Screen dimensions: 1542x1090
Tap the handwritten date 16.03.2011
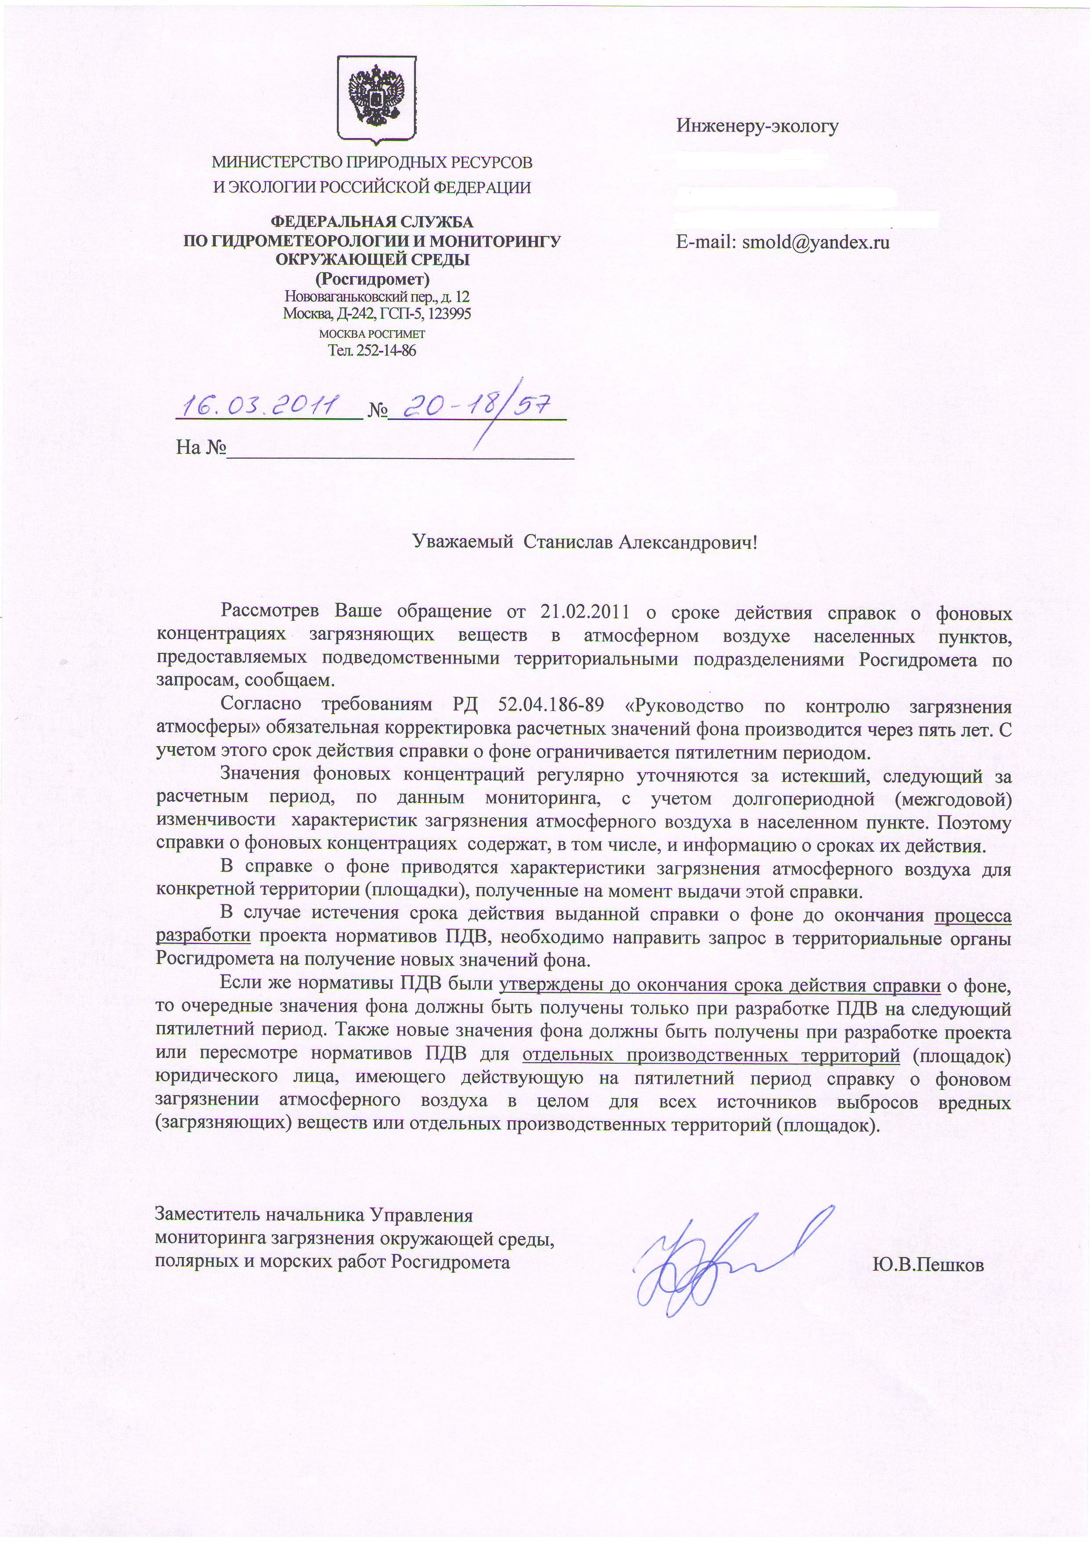pyautogui.click(x=264, y=406)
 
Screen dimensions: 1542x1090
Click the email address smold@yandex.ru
pyautogui.click(x=815, y=242)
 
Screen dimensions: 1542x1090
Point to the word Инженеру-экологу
pyautogui.click(x=757, y=126)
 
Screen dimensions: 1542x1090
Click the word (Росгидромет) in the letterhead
pyautogui.click(x=373, y=277)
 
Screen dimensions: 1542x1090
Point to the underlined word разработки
pyautogui.click(x=204, y=936)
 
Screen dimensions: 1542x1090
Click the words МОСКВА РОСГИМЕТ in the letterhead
pyautogui.click(x=372, y=334)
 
